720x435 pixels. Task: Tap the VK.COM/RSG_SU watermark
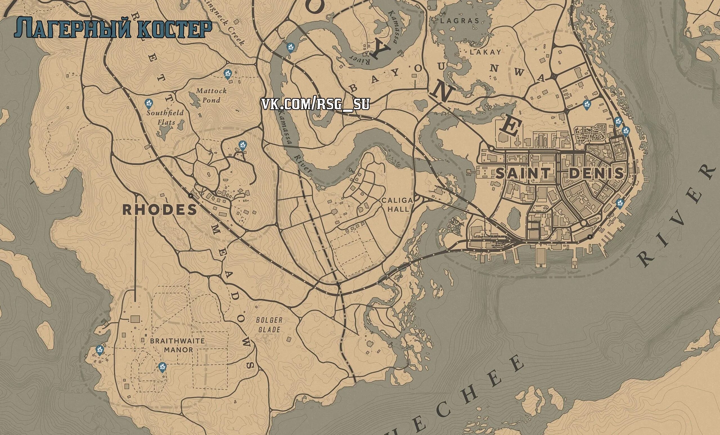click(315, 104)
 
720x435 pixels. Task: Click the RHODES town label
click(159, 210)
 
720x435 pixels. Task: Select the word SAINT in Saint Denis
click(523, 174)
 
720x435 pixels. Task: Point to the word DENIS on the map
click(596, 174)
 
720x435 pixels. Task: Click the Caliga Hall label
click(398, 205)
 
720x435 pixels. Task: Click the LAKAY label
click(485, 52)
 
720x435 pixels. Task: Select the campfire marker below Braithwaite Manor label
click(162, 366)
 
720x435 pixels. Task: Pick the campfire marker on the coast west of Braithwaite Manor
click(100, 350)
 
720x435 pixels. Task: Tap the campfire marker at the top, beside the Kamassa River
click(291, 46)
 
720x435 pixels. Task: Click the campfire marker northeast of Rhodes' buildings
click(242, 145)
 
